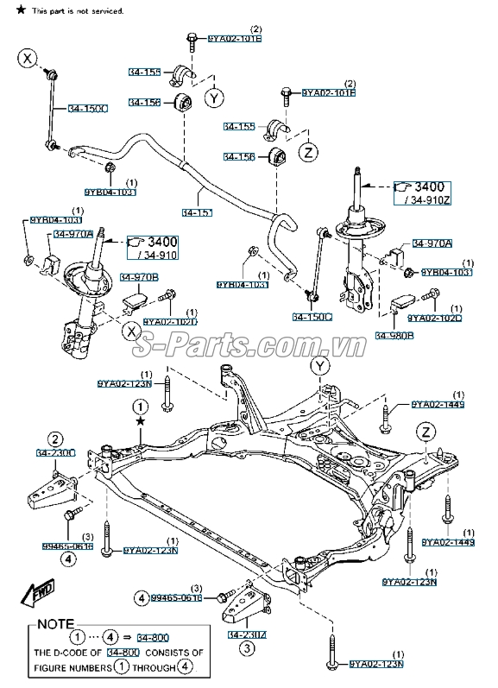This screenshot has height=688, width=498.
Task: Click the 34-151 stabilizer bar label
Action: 197,211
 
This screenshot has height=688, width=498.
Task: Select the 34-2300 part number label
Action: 55,452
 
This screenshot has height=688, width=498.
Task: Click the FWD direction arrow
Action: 39,592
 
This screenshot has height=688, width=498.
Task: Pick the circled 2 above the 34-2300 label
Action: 54,438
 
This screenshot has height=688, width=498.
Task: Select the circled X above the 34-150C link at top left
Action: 28,59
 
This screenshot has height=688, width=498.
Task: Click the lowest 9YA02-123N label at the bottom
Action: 378,664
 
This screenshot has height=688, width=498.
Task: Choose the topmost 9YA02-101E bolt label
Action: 235,39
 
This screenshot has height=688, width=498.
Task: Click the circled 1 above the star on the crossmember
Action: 140,406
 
